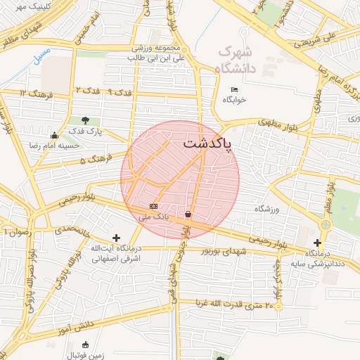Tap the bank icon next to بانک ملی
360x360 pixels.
click(153, 206)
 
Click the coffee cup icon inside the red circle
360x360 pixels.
click(188, 214)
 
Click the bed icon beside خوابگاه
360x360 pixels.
click(235, 89)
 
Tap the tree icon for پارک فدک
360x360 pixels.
click(86, 120)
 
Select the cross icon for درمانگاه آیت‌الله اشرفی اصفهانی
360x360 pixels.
click(116, 238)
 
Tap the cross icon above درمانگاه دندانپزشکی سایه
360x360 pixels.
click(317, 243)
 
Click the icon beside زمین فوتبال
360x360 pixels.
click(86, 345)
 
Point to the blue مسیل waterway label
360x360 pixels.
click(43, 53)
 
